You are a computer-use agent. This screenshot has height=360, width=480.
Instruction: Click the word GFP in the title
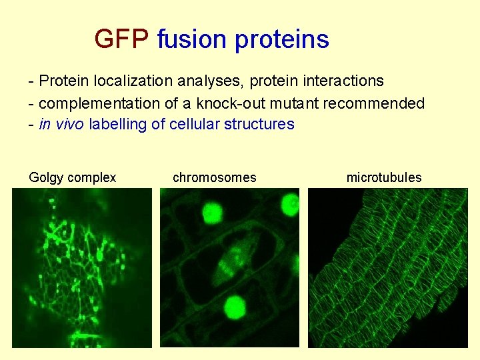121,39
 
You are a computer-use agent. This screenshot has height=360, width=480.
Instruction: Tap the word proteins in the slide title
281,40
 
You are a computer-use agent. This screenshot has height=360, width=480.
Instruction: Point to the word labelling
123,124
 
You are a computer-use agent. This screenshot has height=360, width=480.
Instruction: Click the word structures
259,124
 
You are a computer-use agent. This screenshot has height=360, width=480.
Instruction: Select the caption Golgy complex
73,177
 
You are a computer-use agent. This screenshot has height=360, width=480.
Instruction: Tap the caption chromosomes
214,177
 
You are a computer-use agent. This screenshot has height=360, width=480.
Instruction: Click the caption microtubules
384,177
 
